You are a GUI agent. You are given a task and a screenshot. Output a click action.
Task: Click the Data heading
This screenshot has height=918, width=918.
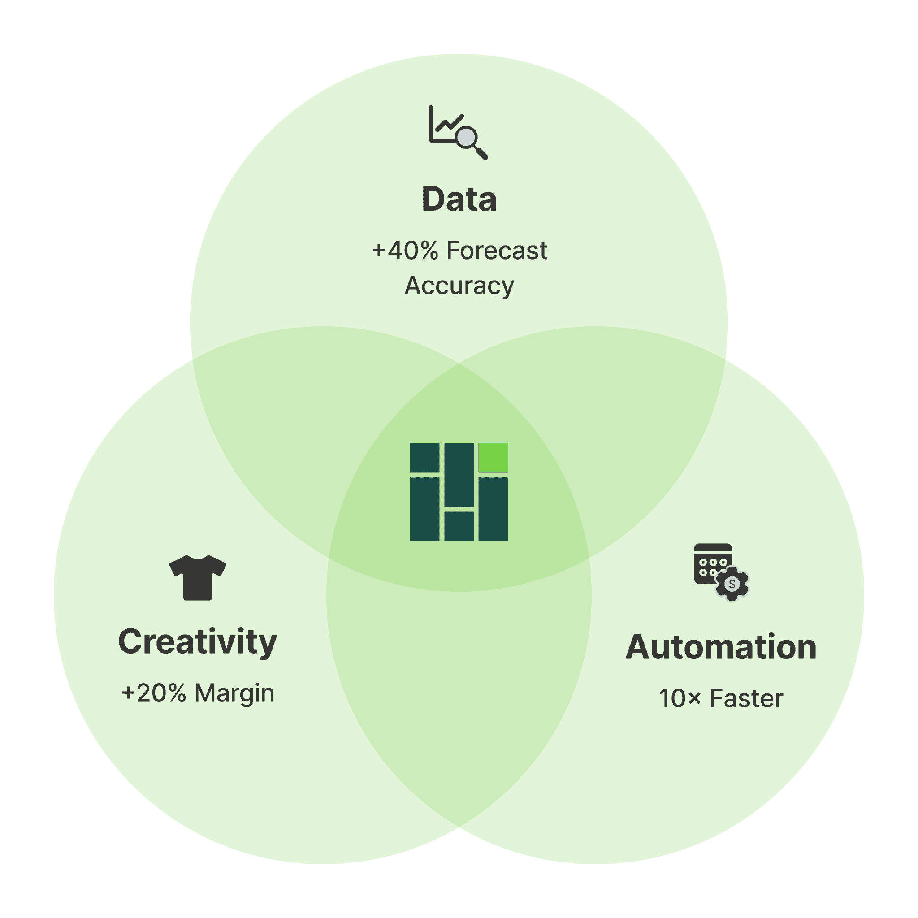pos(459,199)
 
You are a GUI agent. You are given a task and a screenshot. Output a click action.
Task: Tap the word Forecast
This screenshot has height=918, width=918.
pos(497,251)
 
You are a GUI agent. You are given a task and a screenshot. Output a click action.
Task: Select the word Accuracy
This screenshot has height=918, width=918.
pos(459,286)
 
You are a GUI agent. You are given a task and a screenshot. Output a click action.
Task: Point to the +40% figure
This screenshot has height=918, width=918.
pos(405,251)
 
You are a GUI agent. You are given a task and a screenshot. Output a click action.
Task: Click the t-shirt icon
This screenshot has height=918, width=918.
pos(198,577)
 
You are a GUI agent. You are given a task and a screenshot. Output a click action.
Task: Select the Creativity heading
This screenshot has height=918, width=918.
pos(198,642)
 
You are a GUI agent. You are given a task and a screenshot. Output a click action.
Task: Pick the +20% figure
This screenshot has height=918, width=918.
pos(154,693)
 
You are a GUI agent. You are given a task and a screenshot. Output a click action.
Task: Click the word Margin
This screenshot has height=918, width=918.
pos(234,693)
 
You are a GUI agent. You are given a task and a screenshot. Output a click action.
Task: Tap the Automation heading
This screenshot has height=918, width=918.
pos(721,647)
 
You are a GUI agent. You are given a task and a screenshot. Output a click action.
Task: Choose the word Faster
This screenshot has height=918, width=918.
pos(746,698)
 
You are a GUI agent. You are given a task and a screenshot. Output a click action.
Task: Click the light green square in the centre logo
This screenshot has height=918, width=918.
pos(493,457)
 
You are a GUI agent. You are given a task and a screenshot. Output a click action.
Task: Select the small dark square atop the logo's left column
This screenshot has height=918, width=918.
pos(424,457)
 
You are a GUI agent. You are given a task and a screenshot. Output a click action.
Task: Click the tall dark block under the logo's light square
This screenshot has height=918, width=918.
pos(493,509)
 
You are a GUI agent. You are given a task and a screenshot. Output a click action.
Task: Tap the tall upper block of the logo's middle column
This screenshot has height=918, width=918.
pos(459,474)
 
